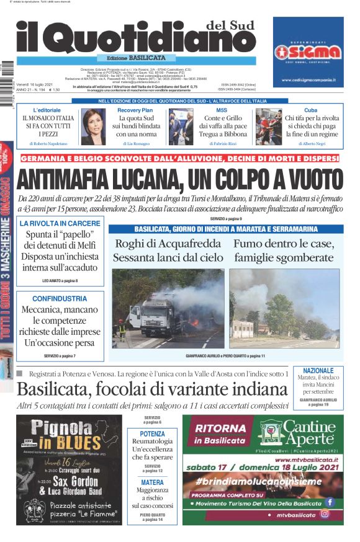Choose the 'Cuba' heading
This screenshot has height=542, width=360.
311,110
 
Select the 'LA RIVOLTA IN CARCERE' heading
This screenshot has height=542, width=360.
60,223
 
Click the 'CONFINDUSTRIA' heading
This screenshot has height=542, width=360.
60,298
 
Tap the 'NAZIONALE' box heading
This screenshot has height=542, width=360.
318,370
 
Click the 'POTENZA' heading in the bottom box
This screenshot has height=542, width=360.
153,434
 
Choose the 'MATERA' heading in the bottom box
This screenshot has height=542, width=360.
153,482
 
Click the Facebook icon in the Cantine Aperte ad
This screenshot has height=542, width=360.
329,502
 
